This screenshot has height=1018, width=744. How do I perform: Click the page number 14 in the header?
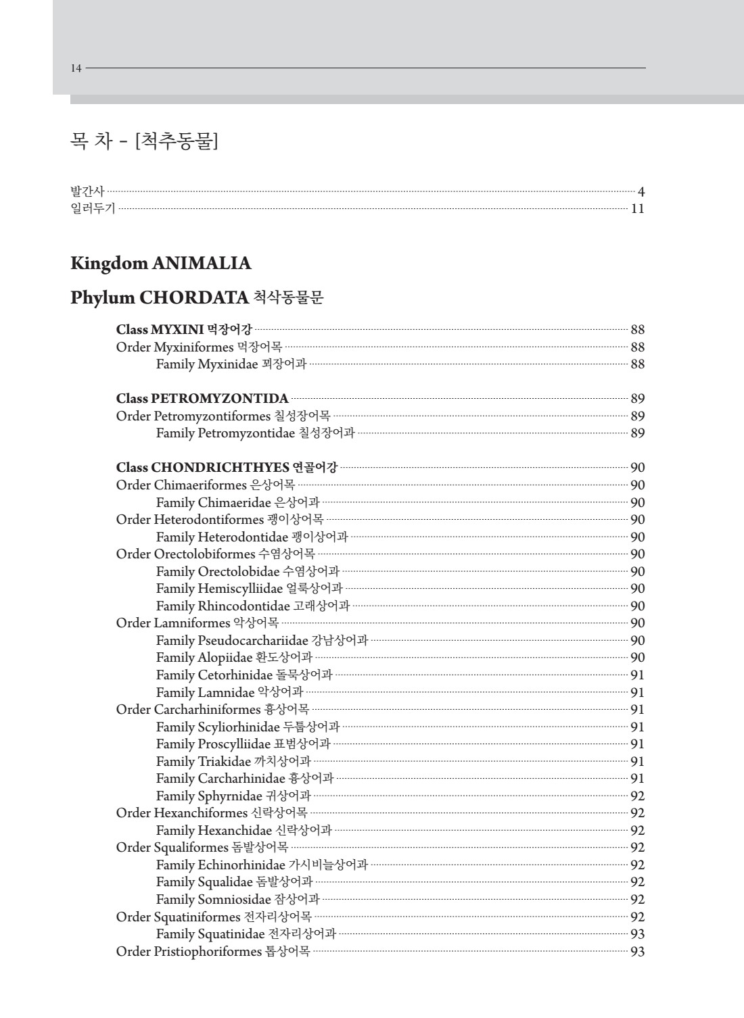click(76, 68)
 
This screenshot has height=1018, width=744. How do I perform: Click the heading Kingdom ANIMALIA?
click(160, 263)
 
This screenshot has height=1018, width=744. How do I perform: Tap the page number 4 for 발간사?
click(641, 191)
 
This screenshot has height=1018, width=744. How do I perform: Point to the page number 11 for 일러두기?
click(637, 208)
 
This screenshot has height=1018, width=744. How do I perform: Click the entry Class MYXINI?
click(184, 330)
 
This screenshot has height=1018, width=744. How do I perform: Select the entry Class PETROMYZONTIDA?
click(202, 398)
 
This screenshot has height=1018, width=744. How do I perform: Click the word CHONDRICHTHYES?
click(220, 467)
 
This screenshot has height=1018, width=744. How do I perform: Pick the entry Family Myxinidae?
click(231, 364)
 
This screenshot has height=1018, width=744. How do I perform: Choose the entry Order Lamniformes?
click(197, 623)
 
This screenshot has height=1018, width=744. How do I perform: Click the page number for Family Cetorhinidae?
click(637, 675)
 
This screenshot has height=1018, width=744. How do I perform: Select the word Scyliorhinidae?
click(239, 727)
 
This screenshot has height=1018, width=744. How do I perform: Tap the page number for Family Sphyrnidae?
click(637, 796)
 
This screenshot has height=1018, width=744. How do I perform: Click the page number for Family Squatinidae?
click(637, 934)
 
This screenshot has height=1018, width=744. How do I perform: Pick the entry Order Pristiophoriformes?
click(212, 951)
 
